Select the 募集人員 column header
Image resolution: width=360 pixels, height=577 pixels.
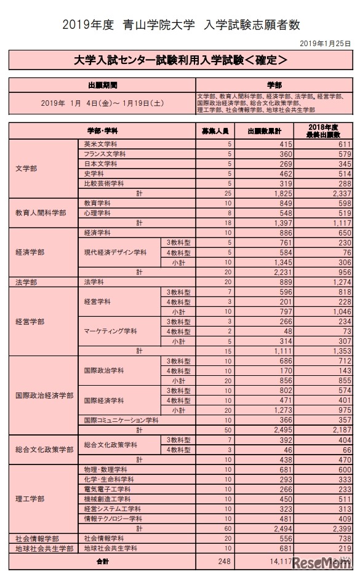coord(215,131)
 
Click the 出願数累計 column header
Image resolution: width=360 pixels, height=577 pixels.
coord(264,131)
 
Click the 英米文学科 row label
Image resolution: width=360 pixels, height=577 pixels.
coord(101,143)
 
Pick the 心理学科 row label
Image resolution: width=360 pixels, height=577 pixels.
coord(97,213)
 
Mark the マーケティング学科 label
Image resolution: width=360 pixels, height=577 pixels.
coord(111,331)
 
